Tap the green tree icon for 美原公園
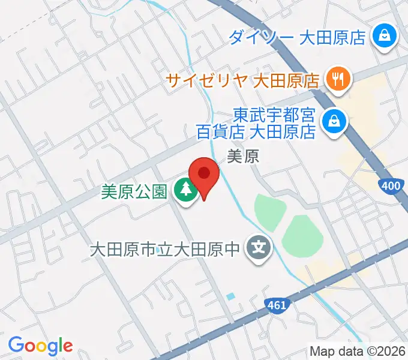185,191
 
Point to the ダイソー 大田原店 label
298,38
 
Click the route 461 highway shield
277,305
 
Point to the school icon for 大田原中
259,247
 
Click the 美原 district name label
243,157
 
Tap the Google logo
40,346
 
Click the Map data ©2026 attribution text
357,351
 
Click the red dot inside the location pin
204,173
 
